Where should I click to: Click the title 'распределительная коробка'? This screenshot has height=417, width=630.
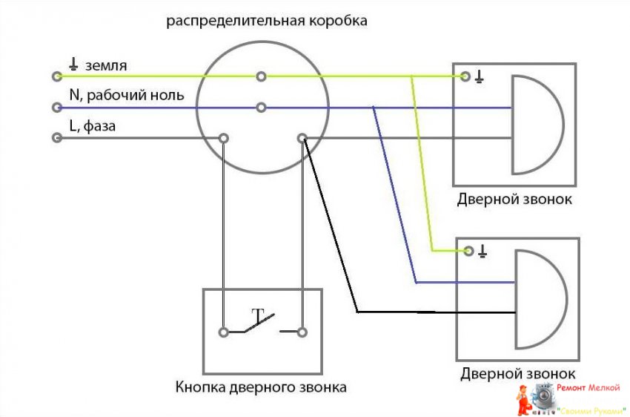[x=266, y=21]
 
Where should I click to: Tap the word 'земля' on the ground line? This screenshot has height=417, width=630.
[x=107, y=65]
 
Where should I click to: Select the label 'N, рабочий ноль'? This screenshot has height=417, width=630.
[x=126, y=96]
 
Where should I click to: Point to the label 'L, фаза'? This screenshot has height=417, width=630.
[x=92, y=126]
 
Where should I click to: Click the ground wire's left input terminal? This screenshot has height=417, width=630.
[x=56, y=76]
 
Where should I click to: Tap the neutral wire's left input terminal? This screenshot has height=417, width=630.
[x=56, y=107]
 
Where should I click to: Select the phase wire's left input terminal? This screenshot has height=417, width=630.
[x=56, y=138]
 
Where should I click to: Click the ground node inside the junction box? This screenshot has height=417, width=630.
[x=261, y=76]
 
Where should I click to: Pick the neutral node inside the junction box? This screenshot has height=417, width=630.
[x=261, y=107]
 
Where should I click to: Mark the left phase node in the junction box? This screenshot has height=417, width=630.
[x=223, y=138]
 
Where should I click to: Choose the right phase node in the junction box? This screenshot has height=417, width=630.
[x=302, y=138]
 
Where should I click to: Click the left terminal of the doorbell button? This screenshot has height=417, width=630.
[x=223, y=332]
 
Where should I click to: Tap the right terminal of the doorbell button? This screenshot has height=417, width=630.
[x=302, y=332]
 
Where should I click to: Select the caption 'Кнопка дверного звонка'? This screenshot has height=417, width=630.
[x=261, y=387]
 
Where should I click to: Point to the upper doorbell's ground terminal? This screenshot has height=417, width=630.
[x=465, y=76]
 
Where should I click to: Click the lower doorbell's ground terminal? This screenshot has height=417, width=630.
[x=468, y=252]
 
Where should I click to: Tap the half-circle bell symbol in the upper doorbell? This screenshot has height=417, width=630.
[x=535, y=123]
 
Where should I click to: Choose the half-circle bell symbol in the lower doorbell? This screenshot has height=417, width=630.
[x=538, y=299]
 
